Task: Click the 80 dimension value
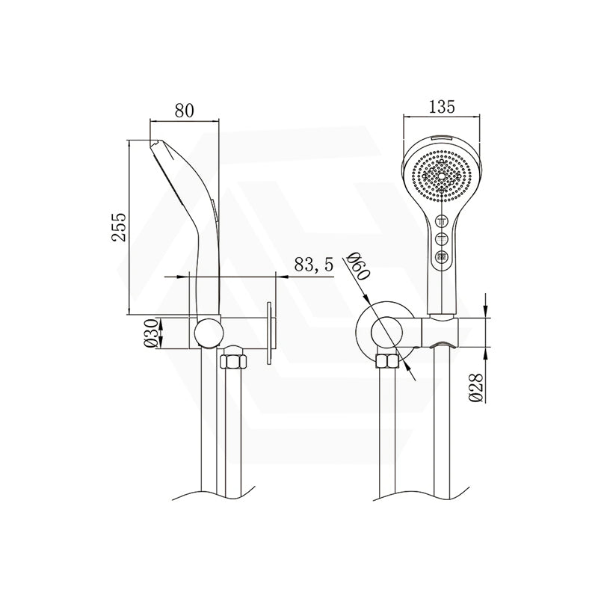185,110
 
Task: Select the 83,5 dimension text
313,264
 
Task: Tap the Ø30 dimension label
152,333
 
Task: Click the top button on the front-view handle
443,221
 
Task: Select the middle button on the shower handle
443,239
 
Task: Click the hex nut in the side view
233,362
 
